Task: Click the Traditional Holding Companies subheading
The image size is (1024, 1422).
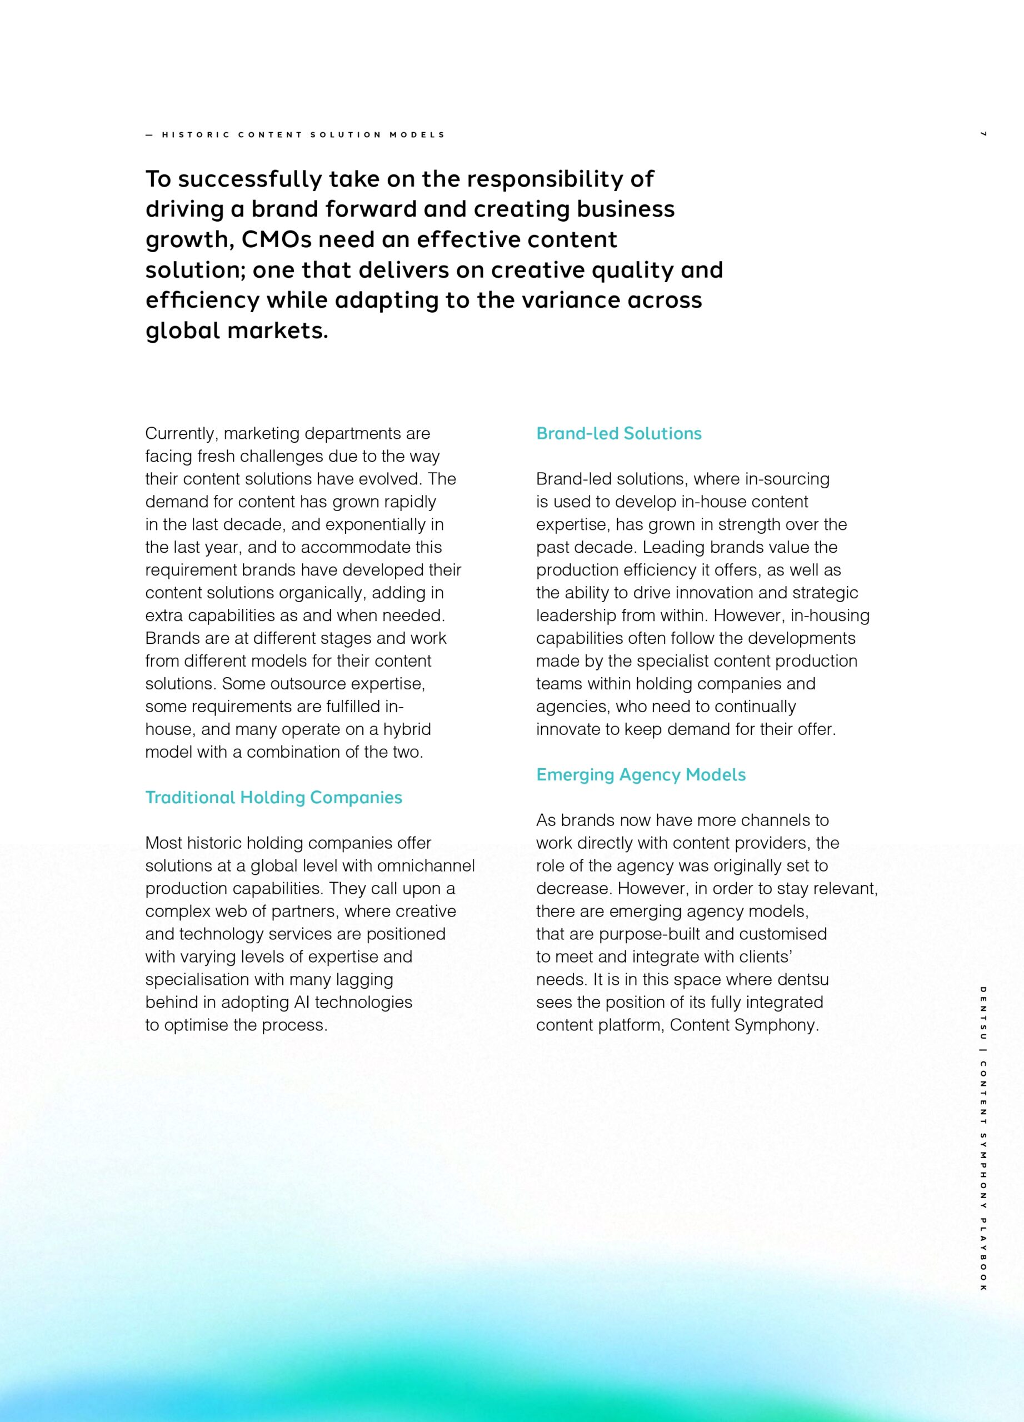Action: [273, 798]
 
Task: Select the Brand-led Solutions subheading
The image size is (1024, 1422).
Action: [618, 433]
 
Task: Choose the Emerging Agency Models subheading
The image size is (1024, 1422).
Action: [640, 775]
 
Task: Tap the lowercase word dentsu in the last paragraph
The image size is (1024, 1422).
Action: [803, 979]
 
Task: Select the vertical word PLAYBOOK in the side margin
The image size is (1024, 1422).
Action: [983, 1253]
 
